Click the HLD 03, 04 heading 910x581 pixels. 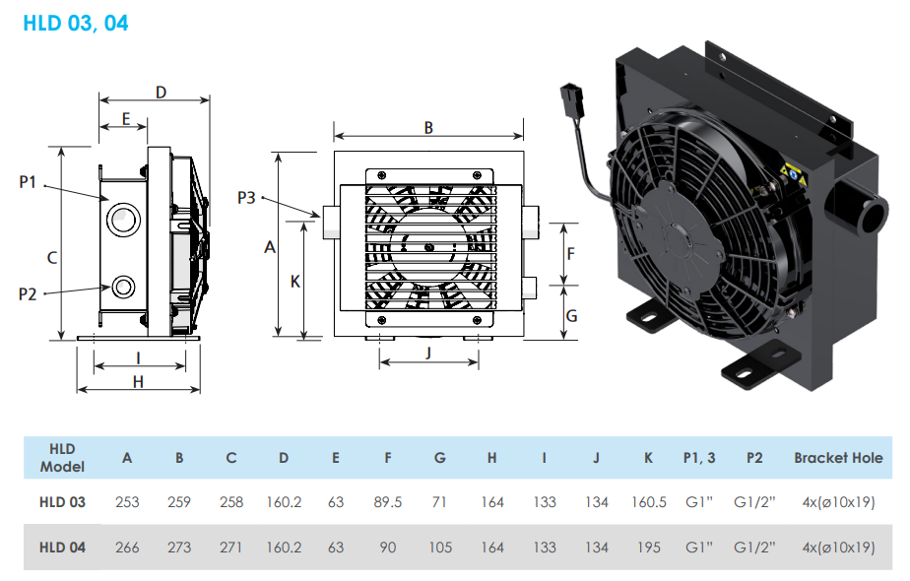point(75,22)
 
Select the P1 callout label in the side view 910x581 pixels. point(28,182)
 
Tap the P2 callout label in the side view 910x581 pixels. point(28,292)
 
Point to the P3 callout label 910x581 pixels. point(246,198)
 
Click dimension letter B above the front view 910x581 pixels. point(428,127)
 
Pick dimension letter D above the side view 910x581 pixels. point(161,92)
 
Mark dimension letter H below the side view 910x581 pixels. point(138,381)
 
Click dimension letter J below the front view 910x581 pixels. point(428,353)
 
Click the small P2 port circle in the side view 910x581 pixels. point(124,287)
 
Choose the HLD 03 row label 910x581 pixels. point(62,502)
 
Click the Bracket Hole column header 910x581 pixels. point(838,457)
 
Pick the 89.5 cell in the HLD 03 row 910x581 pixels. point(388,502)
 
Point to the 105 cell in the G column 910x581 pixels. point(440,547)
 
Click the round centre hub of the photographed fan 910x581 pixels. point(683,236)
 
